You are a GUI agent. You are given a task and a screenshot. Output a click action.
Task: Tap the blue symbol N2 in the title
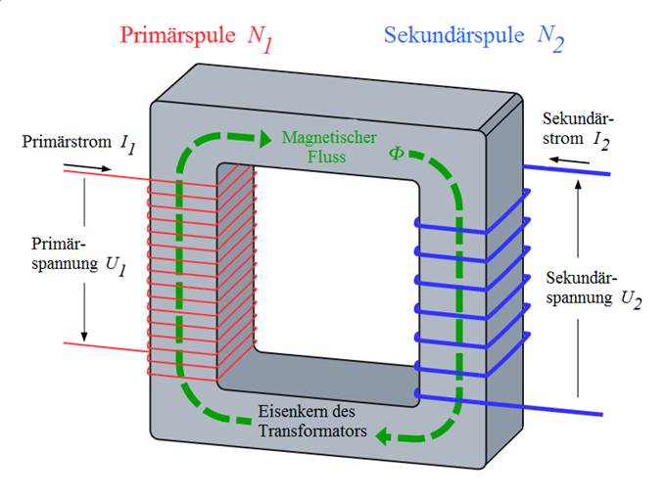click(x=550, y=39)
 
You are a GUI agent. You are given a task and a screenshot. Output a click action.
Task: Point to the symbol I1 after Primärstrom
click(x=127, y=144)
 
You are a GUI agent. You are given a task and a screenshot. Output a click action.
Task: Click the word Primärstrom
click(x=66, y=142)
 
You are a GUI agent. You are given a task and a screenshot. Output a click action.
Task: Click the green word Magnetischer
click(x=330, y=138)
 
